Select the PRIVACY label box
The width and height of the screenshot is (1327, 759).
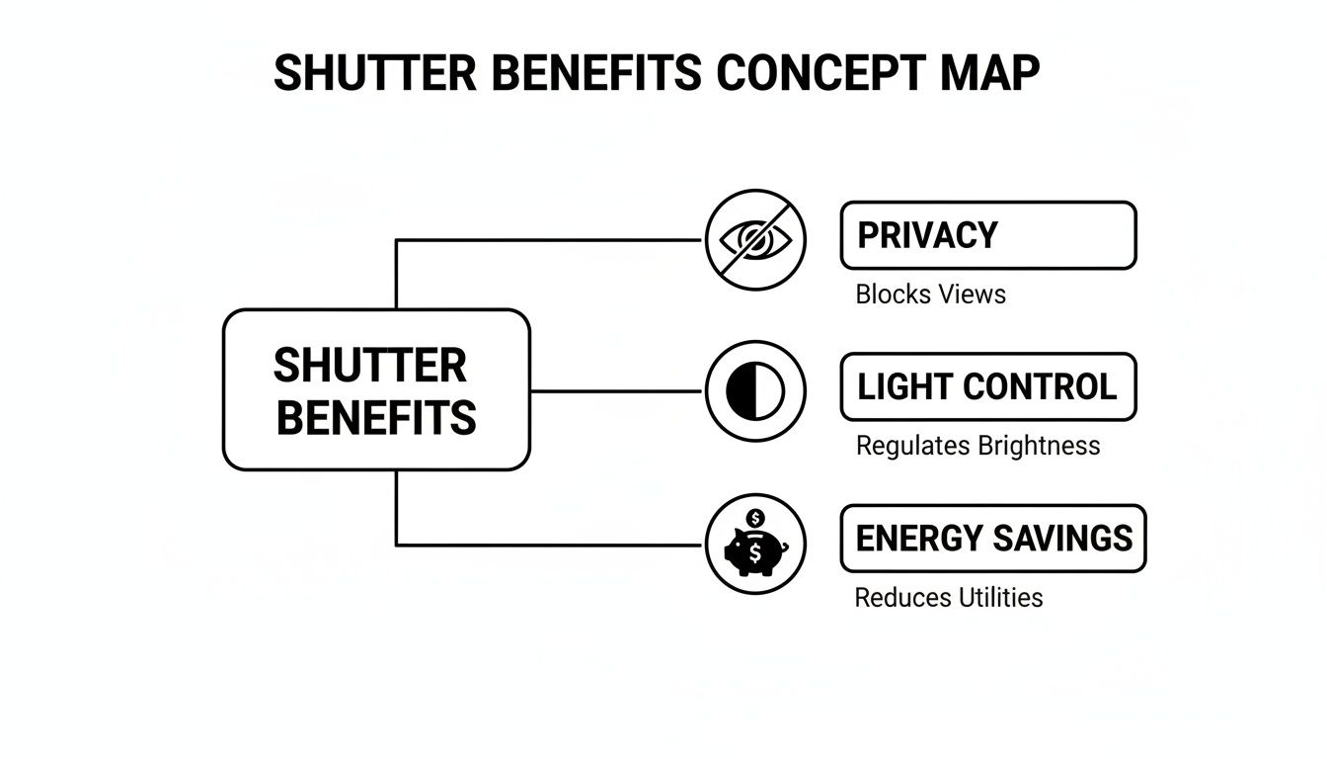987,235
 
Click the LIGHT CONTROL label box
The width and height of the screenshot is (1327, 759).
987,386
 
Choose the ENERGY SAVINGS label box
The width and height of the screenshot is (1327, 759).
992,539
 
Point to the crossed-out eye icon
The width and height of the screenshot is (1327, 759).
755,239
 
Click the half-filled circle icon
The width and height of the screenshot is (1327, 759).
755,391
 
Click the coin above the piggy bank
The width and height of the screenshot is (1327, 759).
756,519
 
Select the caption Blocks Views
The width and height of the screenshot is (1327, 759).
930,295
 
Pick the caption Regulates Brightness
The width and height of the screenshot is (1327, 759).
977,446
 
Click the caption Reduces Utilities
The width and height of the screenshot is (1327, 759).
948,598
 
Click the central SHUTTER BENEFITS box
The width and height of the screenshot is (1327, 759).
376,389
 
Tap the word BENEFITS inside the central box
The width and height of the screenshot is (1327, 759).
376,417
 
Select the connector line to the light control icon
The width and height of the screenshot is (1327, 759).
617,391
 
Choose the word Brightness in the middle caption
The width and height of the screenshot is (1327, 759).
1039,446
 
